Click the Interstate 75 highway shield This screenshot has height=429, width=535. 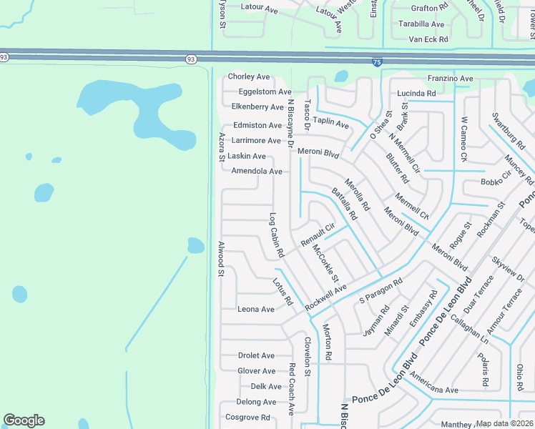click(x=376, y=62)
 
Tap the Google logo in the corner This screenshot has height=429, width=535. click(x=24, y=420)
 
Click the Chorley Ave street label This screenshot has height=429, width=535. click(x=249, y=77)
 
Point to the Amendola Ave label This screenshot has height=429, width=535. click(x=257, y=171)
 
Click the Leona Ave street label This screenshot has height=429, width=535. click(x=256, y=310)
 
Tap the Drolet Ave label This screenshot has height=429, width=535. click(x=256, y=355)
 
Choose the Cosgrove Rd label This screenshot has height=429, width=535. click(x=247, y=418)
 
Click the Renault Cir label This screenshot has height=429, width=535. click(x=318, y=236)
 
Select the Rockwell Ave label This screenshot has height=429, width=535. click(x=325, y=297)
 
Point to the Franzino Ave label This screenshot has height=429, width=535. click(x=451, y=78)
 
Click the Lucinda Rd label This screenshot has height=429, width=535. click(x=416, y=94)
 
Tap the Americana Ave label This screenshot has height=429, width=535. click(x=433, y=390)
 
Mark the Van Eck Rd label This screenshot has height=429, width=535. click(x=428, y=39)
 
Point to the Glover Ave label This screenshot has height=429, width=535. click(x=256, y=371)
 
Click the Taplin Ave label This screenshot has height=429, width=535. click(x=330, y=123)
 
